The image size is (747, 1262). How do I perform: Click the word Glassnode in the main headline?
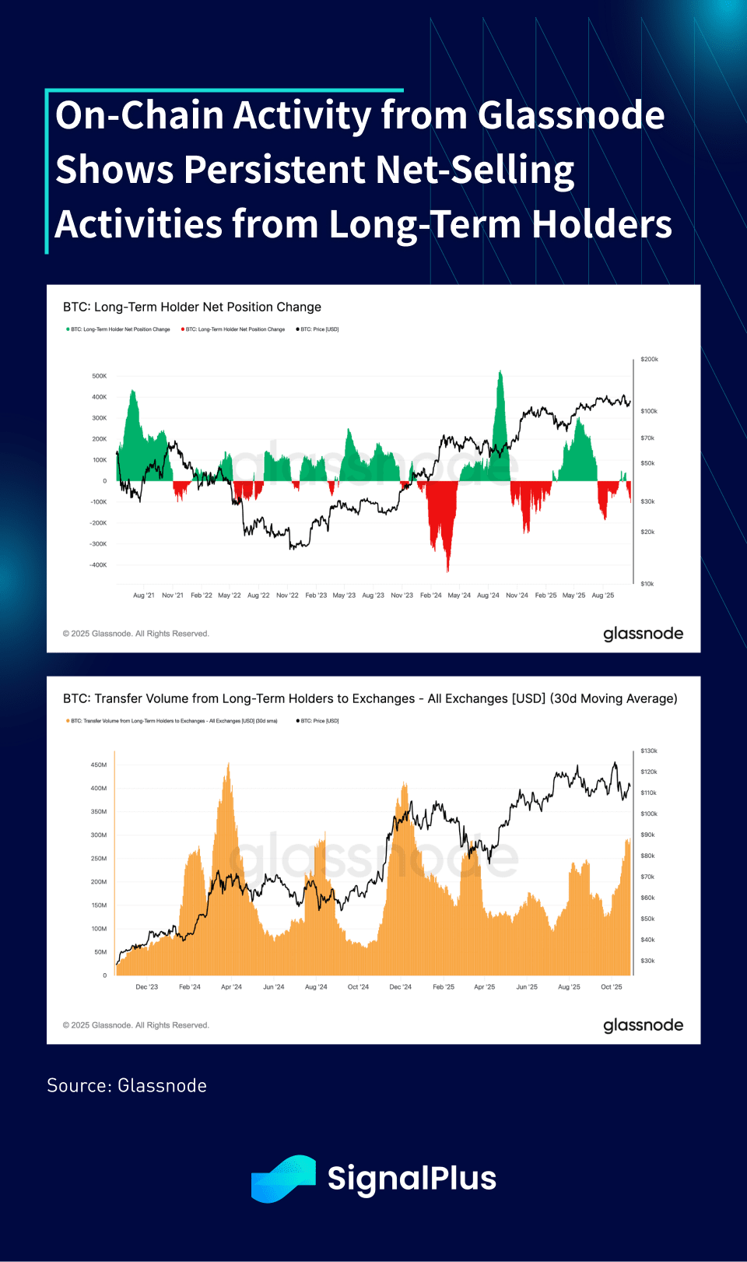pyautogui.click(x=570, y=116)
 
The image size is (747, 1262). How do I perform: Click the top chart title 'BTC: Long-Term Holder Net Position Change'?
pyautogui.click(x=192, y=307)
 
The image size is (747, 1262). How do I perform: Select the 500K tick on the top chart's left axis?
pyautogui.click(x=100, y=376)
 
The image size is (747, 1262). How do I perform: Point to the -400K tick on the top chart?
pyautogui.click(x=98, y=565)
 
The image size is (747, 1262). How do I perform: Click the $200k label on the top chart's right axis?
pyautogui.click(x=649, y=360)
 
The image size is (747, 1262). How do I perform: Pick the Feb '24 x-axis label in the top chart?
pyautogui.click(x=430, y=596)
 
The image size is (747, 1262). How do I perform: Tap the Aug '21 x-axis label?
pyautogui.click(x=144, y=596)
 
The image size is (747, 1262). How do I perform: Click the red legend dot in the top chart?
pyautogui.click(x=183, y=329)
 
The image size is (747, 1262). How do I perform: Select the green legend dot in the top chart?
pyautogui.click(x=68, y=329)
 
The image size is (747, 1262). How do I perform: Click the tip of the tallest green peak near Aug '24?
pyautogui.click(x=500, y=372)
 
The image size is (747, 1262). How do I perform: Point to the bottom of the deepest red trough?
pyautogui.click(x=447, y=571)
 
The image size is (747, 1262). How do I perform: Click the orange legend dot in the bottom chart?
pyautogui.click(x=68, y=721)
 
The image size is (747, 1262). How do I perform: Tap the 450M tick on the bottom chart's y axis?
pyautogui.click(x=99, y=765)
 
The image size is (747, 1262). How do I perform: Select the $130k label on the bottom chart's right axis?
pyautogui.click(x=649, y=751)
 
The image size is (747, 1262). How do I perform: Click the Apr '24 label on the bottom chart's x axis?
pyautogui.click(x=231, y=987)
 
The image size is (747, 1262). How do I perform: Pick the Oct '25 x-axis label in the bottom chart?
pyautogui.click(x=612, y=987)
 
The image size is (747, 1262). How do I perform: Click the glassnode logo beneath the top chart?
pyautogui.click(x=643, y=634)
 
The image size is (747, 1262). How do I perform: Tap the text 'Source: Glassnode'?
pyautogui.click(x=127, y=1085)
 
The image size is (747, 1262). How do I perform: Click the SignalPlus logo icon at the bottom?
pyautogui.click(x=283, y=1178)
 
